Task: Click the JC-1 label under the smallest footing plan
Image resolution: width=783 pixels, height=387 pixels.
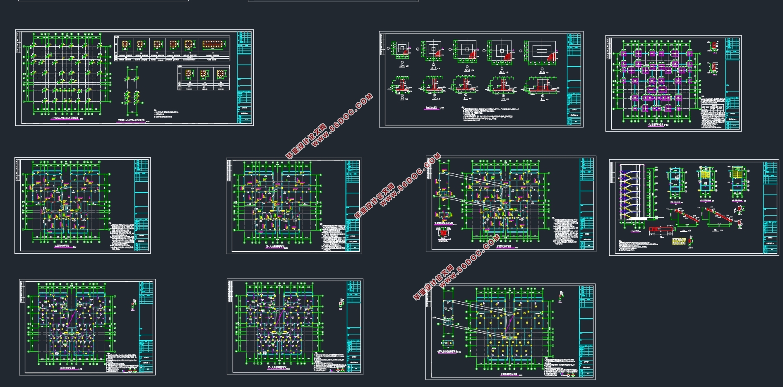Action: click(x=402, y=65)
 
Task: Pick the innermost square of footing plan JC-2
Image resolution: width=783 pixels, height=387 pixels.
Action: click(x=433, y=49)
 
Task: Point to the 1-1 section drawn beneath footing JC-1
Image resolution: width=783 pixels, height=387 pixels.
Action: click(x=401, y=88)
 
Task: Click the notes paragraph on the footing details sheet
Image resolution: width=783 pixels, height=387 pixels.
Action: click(x=488, y=114)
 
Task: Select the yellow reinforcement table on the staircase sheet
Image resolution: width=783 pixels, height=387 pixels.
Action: click(x=679, y=241)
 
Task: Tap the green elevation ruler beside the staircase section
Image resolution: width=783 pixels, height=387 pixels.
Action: click(x=651, y=192)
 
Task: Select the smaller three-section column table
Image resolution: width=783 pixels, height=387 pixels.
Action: click(x=203, y=77)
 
